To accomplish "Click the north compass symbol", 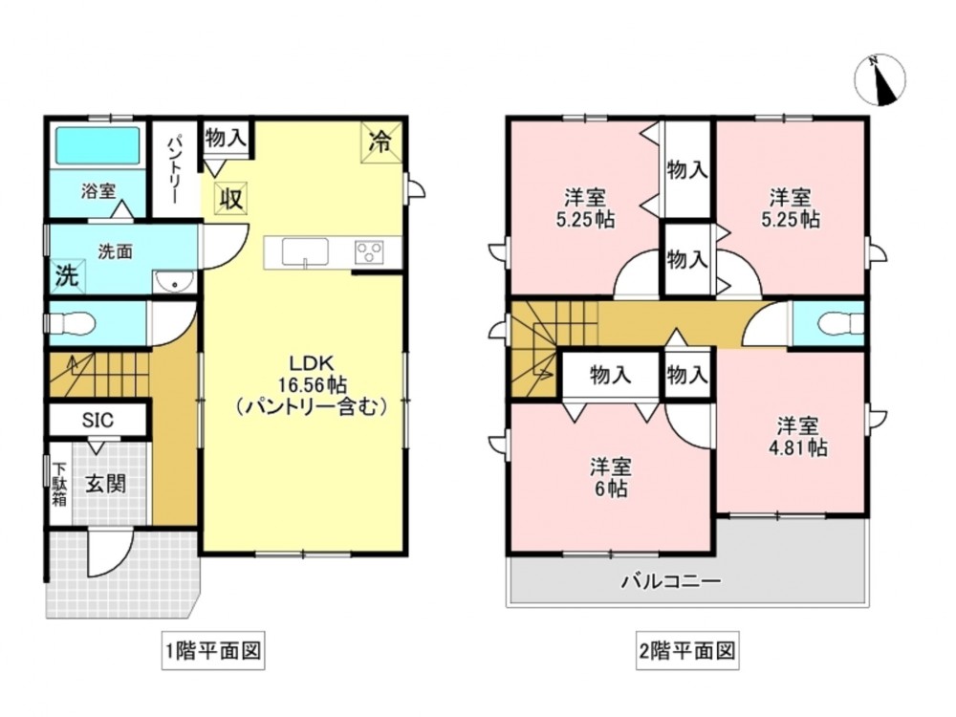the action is tap(880, 79).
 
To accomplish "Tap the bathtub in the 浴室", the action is tap(98, 145).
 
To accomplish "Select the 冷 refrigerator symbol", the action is tap(381, 142).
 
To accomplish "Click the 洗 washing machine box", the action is tap(68, 275).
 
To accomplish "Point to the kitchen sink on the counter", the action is tap(305, 251).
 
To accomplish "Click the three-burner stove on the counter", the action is tap(369, 251).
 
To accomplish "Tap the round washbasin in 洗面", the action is tap(174, 282).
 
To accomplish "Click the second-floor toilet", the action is tap(841, 324).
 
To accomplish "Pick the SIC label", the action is tap(98, 420).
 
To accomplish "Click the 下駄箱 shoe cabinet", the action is tap(59, 484).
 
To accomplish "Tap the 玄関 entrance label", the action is tap(106, 484).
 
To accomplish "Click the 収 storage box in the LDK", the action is tap(230, 198).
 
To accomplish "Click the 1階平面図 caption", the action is tap(213, 650).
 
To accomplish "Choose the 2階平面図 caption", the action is tap(687, 650).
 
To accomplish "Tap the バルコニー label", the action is tap(671, 580).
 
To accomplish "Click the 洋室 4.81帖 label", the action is tap(797, 437).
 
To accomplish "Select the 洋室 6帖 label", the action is tap(610, 478).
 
